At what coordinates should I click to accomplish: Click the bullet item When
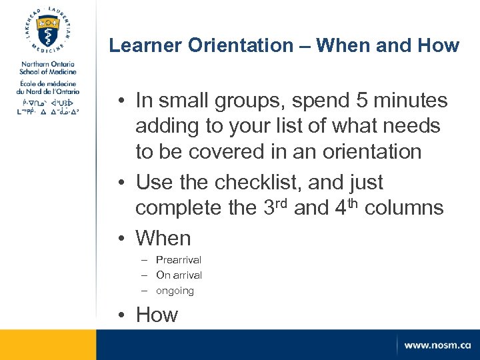[163, 238]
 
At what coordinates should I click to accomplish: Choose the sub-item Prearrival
[178, 260]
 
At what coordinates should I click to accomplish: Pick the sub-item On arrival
[179, 275]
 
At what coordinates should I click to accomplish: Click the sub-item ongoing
[175, 291]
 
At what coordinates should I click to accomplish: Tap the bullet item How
[157, 315]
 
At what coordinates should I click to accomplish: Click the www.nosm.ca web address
[437, 345]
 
